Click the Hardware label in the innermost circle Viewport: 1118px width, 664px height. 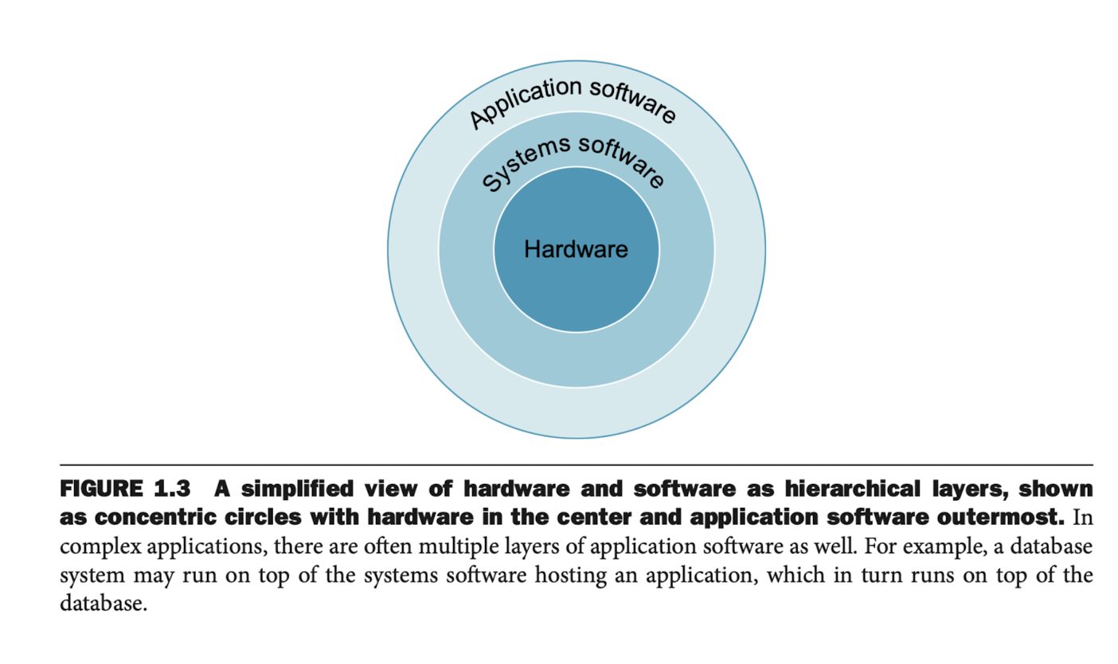pyautogui.click(x=576, y=249)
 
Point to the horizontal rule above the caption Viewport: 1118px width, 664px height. pyautogui.click(x=577, y=464)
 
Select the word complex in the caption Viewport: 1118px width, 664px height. pyautogui.click(x=96, y=547)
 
